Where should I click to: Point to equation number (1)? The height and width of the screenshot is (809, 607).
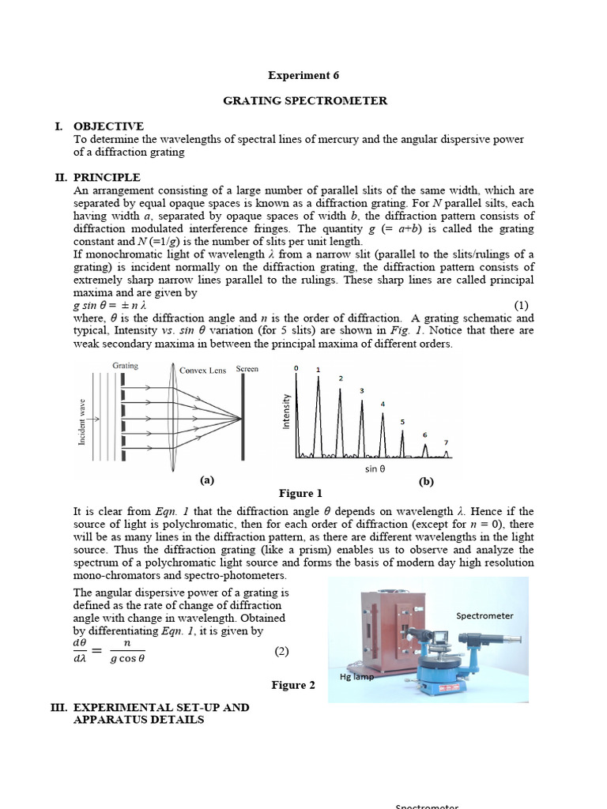pos(521,305)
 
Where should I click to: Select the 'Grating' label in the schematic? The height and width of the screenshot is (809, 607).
pos(125,366)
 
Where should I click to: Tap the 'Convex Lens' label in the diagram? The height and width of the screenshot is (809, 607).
pos(202,370)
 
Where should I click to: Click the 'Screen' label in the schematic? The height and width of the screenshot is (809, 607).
pos(247,369)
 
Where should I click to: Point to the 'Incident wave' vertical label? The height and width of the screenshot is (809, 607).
pos(82,422)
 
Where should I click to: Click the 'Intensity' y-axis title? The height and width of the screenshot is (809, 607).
pos(287,412)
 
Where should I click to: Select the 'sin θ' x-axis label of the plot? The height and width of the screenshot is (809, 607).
pos(375,468)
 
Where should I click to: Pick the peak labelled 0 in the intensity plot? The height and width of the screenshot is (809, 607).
pos(297,369)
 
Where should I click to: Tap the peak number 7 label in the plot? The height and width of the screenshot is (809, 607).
pos(446,442)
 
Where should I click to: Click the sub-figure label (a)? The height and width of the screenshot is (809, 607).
pos(207,480)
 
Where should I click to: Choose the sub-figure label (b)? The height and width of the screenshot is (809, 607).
pos(426,481)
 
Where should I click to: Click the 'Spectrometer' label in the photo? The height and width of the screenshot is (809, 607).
pos(484,615)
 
